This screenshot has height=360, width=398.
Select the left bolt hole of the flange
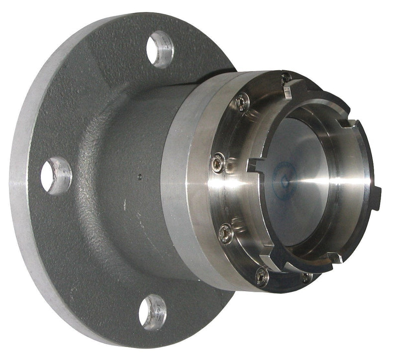[56, 176]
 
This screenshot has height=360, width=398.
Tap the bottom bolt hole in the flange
[152, 312]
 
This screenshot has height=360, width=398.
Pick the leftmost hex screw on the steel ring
[217, 163]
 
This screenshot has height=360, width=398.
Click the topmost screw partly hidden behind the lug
[285, 78]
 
